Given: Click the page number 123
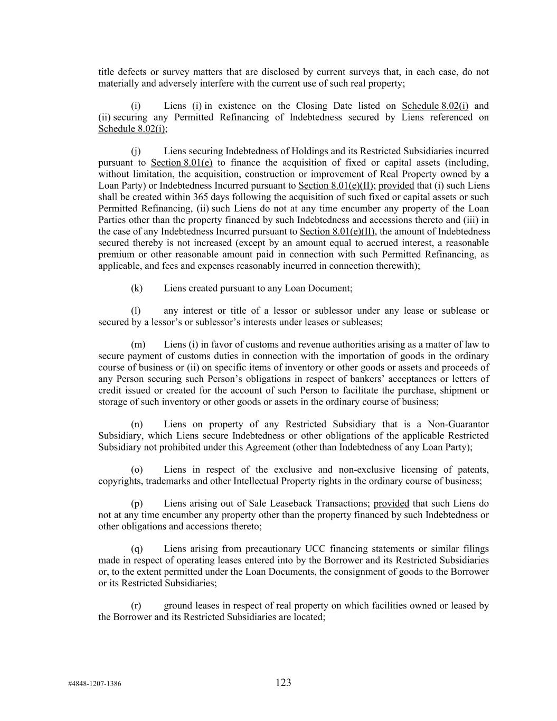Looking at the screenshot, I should click(283, 682).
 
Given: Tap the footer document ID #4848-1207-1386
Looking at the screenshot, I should click(95, 683).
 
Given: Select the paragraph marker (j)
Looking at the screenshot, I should click(136, 151).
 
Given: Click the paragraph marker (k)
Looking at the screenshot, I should click(137, 288).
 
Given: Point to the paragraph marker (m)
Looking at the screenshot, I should click(138, 344).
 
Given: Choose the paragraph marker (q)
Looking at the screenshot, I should click(137, 549).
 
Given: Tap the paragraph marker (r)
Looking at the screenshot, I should click(136, 605).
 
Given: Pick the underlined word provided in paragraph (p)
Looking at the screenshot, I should click(391, 503).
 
